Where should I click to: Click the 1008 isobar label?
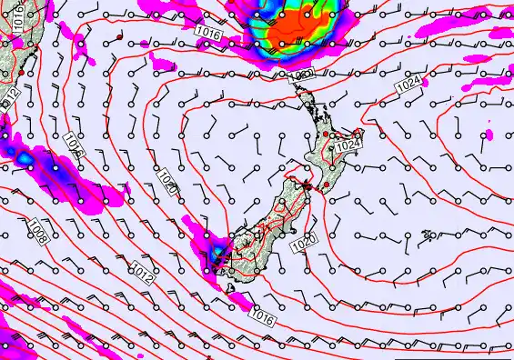point(37,231)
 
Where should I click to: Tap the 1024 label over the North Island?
point(348,145)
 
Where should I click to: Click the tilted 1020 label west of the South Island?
point(167,179)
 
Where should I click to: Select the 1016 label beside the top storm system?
point(208,34)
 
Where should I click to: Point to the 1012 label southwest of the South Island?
point(141,269)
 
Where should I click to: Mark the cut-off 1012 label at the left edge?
point(10,95)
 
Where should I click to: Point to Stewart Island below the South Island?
point(235,295)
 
